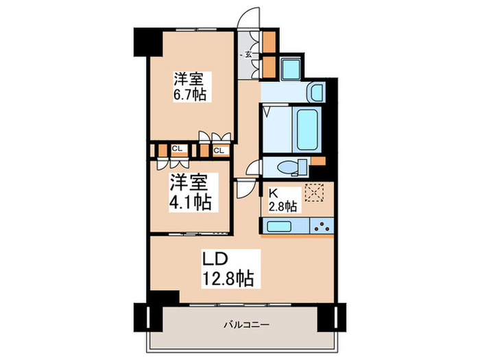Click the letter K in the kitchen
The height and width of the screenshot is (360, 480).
[274, 193]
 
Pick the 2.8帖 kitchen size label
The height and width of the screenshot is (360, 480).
[282, 205]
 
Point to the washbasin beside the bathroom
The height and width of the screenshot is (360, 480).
[315, 92]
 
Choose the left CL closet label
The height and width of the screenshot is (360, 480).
[177, 147]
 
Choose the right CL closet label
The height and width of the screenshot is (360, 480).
[219, 150]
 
